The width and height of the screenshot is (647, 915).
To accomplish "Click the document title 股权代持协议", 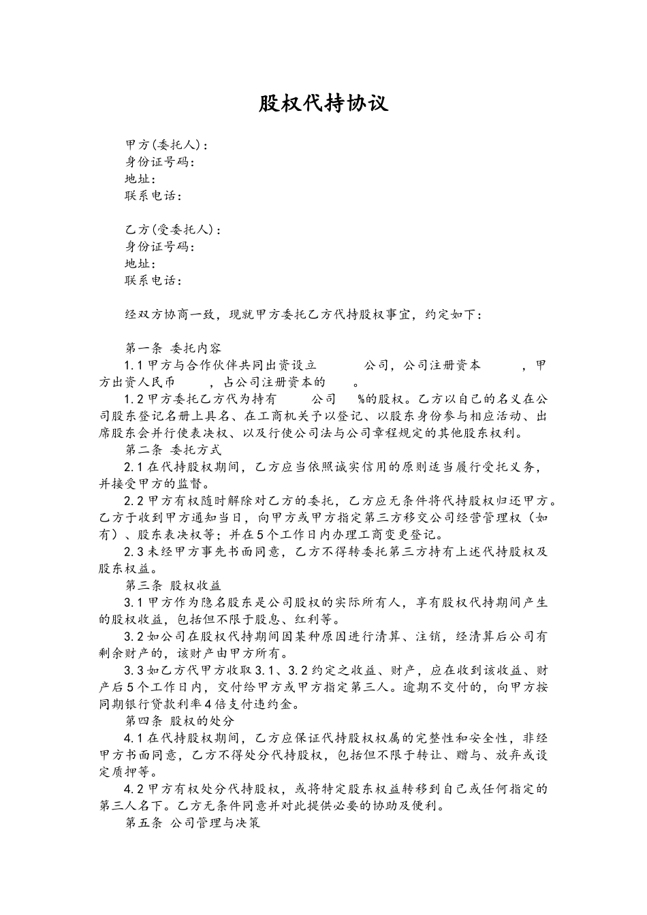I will [323, 103].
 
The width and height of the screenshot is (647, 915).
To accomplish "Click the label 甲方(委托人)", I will [163, 145].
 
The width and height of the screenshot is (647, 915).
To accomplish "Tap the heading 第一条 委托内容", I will [173, 348].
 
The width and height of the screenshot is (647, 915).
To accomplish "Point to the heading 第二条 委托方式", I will [173, 449].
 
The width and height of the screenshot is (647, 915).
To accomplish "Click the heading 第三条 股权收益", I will [173, 585].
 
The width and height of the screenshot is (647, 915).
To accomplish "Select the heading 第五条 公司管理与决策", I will [193, 822].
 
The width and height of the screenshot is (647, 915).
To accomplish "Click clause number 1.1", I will [134, 365].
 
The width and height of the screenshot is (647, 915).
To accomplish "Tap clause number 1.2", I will [134, 399].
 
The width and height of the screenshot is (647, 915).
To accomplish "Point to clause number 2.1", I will [134, 466].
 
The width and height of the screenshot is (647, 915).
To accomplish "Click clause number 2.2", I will [134, 500].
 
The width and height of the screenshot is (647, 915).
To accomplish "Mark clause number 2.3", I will [134, 551].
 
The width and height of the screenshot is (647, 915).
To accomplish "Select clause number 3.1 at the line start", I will [134, 602].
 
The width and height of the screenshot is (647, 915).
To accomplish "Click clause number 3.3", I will [134, 670].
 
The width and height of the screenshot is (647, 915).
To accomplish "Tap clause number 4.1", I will [134, 737].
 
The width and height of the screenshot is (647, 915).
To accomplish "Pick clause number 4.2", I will [134, 788].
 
